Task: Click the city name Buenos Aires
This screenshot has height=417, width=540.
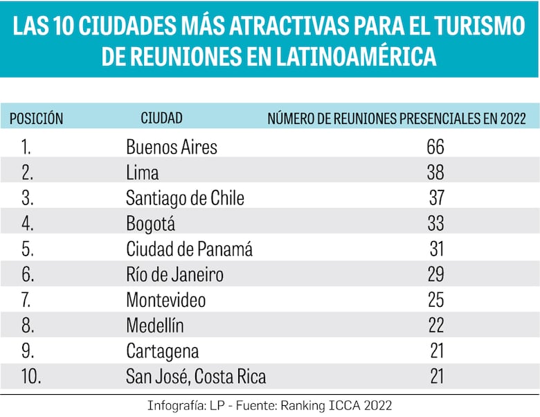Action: click(171, 147)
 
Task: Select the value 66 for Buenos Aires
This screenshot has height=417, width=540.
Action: click(435, 147)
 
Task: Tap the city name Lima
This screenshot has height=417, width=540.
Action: click(142, 172)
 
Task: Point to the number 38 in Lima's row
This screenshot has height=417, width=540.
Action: click(435, 172)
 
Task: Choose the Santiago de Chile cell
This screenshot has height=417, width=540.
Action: click(185, 198)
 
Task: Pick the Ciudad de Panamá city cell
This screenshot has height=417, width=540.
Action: click(189, 249)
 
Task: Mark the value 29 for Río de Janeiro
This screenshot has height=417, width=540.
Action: click(435, 275)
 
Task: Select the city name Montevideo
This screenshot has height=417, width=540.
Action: click(165, 301)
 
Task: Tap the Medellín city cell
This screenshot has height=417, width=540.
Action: click(156, 326)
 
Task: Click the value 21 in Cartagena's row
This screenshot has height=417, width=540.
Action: click(435, 351)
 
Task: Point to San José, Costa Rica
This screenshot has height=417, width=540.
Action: click(196, 377)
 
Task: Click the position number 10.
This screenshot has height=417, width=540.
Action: click(31, 377)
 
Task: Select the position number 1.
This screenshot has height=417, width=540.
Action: click(26, 147)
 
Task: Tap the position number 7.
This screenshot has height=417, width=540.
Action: click(27, 301)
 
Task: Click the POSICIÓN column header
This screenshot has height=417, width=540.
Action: click(36, 118)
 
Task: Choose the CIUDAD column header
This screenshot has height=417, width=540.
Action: click(161, 118)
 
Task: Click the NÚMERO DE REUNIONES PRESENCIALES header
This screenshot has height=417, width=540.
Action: click(397, 118)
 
